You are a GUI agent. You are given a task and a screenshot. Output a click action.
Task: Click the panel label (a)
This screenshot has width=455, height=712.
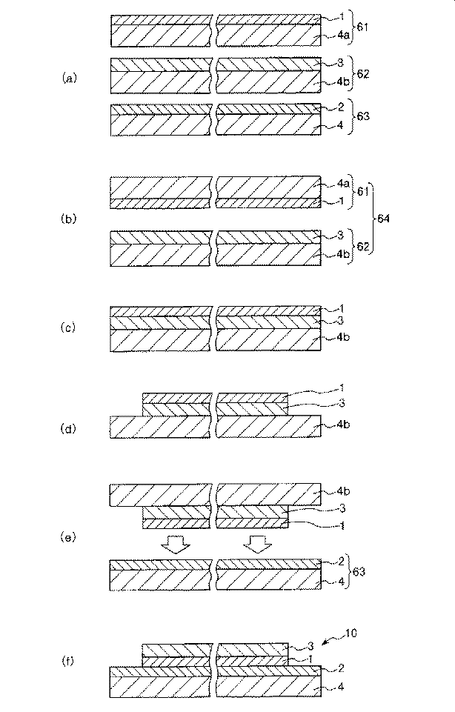69,78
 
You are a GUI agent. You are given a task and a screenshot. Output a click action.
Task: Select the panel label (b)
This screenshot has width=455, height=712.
69,219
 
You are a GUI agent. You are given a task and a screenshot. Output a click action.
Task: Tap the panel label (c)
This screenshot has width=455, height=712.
68,327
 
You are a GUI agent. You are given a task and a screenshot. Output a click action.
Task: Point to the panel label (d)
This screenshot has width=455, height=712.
68,428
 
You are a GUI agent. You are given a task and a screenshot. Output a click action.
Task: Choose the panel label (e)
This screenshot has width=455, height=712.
68,537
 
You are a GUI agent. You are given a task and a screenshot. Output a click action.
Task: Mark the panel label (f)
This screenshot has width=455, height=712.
67,661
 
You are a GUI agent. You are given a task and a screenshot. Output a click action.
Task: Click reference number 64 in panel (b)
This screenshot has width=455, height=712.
384,219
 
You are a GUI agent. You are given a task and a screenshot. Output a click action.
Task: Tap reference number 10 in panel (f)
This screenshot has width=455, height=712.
351,633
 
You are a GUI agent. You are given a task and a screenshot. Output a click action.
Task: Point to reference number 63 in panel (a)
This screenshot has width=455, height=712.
364,116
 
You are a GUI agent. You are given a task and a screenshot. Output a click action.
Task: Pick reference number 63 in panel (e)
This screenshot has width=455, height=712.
359,571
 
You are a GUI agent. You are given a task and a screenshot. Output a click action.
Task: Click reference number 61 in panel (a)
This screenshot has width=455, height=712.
362,27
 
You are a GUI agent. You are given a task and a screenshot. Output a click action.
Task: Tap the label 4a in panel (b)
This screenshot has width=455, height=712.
343,184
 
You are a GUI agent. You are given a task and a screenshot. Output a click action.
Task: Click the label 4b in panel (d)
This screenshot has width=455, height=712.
343,425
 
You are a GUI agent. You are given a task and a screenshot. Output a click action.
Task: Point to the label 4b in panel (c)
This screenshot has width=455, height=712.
343,337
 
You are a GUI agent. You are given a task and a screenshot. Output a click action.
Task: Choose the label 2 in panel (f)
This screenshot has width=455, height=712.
341,668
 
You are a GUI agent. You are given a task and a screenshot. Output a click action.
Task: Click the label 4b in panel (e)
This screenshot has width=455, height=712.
343,491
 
